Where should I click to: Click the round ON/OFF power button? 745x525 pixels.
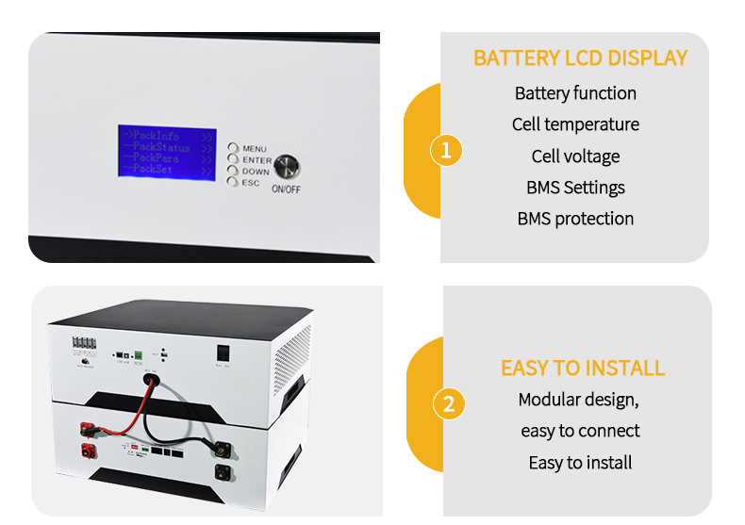point(289,167)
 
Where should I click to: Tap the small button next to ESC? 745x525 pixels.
point(233,182)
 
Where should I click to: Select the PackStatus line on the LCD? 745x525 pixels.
point(161,148)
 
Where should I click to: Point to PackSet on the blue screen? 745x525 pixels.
point(153,170)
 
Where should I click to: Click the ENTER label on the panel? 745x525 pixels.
point(257,160)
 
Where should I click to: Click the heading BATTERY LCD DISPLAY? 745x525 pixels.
point(580,58)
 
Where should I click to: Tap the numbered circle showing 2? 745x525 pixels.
point(448,403)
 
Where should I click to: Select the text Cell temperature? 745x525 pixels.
point(575,124)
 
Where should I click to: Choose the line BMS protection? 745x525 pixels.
point(575,219)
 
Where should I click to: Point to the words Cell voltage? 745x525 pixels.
point(575,156)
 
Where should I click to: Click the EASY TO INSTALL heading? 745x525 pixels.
point(582,368)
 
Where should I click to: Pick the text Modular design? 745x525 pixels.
point(578,400)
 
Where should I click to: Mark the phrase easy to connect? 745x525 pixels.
point(580,431)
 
